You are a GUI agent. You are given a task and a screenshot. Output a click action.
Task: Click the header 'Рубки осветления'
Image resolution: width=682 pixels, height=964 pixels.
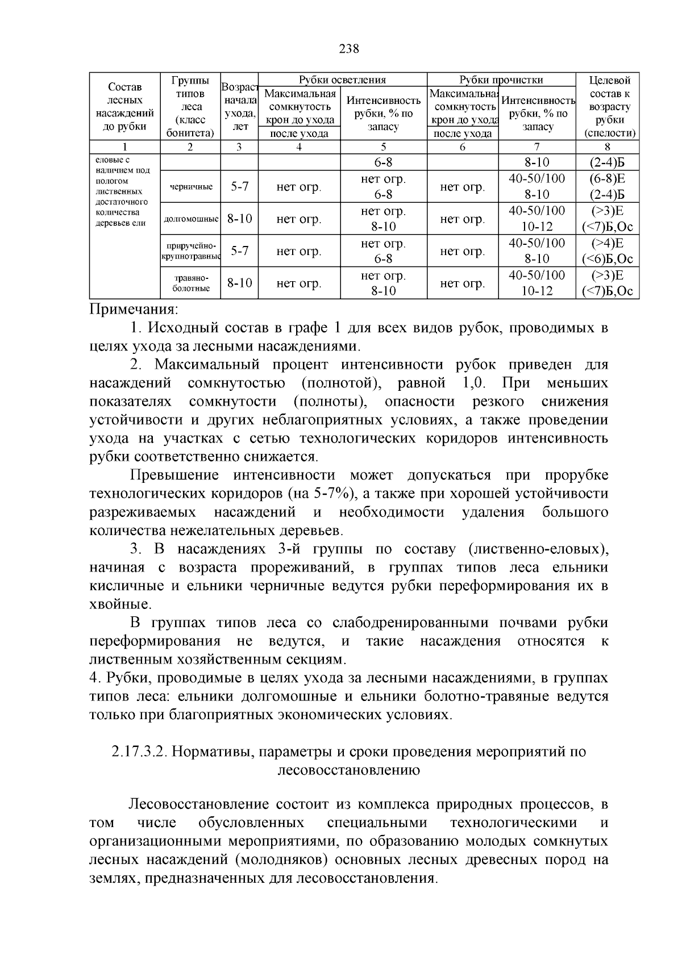tap(342, 80)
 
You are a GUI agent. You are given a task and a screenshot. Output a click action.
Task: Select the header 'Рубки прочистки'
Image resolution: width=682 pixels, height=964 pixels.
tap(501, 80)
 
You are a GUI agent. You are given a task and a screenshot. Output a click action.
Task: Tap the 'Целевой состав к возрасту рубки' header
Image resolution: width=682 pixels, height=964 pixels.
tap(606, 106)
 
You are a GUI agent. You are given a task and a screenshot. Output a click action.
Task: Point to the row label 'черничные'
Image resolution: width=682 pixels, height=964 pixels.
tap(190, 187)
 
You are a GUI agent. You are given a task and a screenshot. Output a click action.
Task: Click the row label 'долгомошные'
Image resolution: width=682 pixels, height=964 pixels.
tap(190, 219)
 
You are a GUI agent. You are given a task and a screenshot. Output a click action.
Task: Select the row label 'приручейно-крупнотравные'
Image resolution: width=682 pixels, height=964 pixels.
tap(190, 251)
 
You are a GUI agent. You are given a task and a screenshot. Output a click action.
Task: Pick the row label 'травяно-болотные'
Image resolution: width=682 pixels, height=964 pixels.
tap(190, 283)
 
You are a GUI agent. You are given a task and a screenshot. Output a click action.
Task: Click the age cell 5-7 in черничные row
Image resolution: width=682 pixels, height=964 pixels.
tap(239, 187)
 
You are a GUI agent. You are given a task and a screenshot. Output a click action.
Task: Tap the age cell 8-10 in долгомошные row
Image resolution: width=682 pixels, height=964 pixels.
tap(239, 219)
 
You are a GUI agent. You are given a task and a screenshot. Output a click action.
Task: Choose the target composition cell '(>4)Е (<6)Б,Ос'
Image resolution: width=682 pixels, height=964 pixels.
tap(606, 251)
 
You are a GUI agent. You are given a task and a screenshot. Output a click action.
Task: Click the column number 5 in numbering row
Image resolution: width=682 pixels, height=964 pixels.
tap(384, 147)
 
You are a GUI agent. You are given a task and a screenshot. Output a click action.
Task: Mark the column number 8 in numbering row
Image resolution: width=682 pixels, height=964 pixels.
tap(606, 147)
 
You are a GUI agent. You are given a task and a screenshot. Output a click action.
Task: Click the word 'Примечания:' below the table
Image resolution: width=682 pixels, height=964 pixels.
tap(134, 310)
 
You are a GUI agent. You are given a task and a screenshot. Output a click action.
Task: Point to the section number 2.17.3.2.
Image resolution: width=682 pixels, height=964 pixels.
tap(139, 752)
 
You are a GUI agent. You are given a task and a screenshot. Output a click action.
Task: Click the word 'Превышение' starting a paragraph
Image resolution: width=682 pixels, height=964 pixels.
tap(174, 475)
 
